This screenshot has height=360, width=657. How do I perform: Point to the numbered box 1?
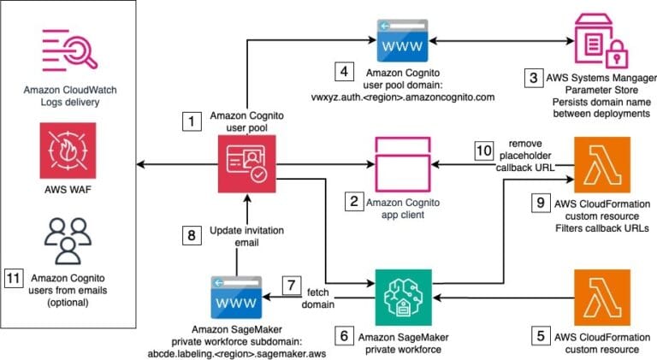pyautogui.click(x=192, y=122)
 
